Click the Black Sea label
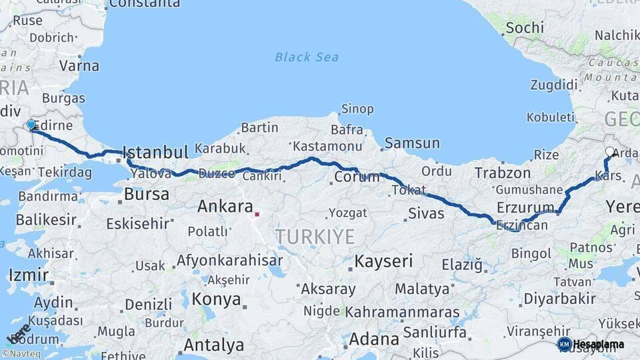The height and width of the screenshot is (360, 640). pos(307,57)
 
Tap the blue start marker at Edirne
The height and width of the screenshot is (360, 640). pos(31,125)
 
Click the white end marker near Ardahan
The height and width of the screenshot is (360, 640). pos(609,151)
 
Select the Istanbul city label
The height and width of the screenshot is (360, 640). pos(156,152)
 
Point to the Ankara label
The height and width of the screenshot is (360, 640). pos(225,207)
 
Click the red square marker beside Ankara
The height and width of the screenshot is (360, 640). pos(257,215)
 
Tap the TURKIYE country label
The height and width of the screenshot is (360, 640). pos(315,236)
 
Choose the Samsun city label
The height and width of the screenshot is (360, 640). pos(412,143)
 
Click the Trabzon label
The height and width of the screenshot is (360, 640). pos(502,173)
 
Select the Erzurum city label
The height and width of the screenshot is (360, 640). pos(526,207)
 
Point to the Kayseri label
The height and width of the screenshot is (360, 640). pos(383,261)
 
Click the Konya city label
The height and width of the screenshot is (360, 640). pos(217,299)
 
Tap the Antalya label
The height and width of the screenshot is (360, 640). pos(213,345)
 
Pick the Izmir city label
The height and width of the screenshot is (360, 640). pos(29,275)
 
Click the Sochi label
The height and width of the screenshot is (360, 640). pos(525,28)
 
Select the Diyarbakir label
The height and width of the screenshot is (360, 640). pos(559,298)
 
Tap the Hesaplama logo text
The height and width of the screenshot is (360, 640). pos(599,344)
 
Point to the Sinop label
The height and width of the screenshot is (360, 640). pos(357,109)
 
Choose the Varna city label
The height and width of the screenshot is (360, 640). pos(79,66)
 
